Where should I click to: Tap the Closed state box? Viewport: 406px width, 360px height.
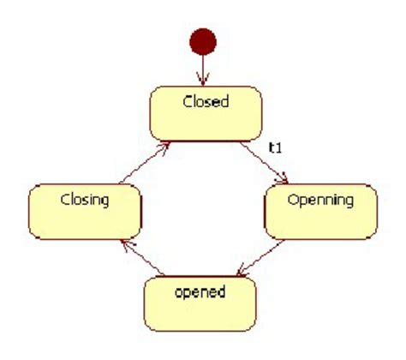click(206, 112)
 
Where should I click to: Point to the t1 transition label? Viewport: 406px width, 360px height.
click(276, 147)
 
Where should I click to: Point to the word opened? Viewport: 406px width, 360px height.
click(199, 292)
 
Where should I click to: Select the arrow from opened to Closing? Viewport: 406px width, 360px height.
click(140, 257)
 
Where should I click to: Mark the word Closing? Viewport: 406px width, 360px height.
click(84, 201)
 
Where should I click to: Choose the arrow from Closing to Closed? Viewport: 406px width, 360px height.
click(140, 162)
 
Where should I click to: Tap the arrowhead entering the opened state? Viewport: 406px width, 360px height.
click(242, 273)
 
